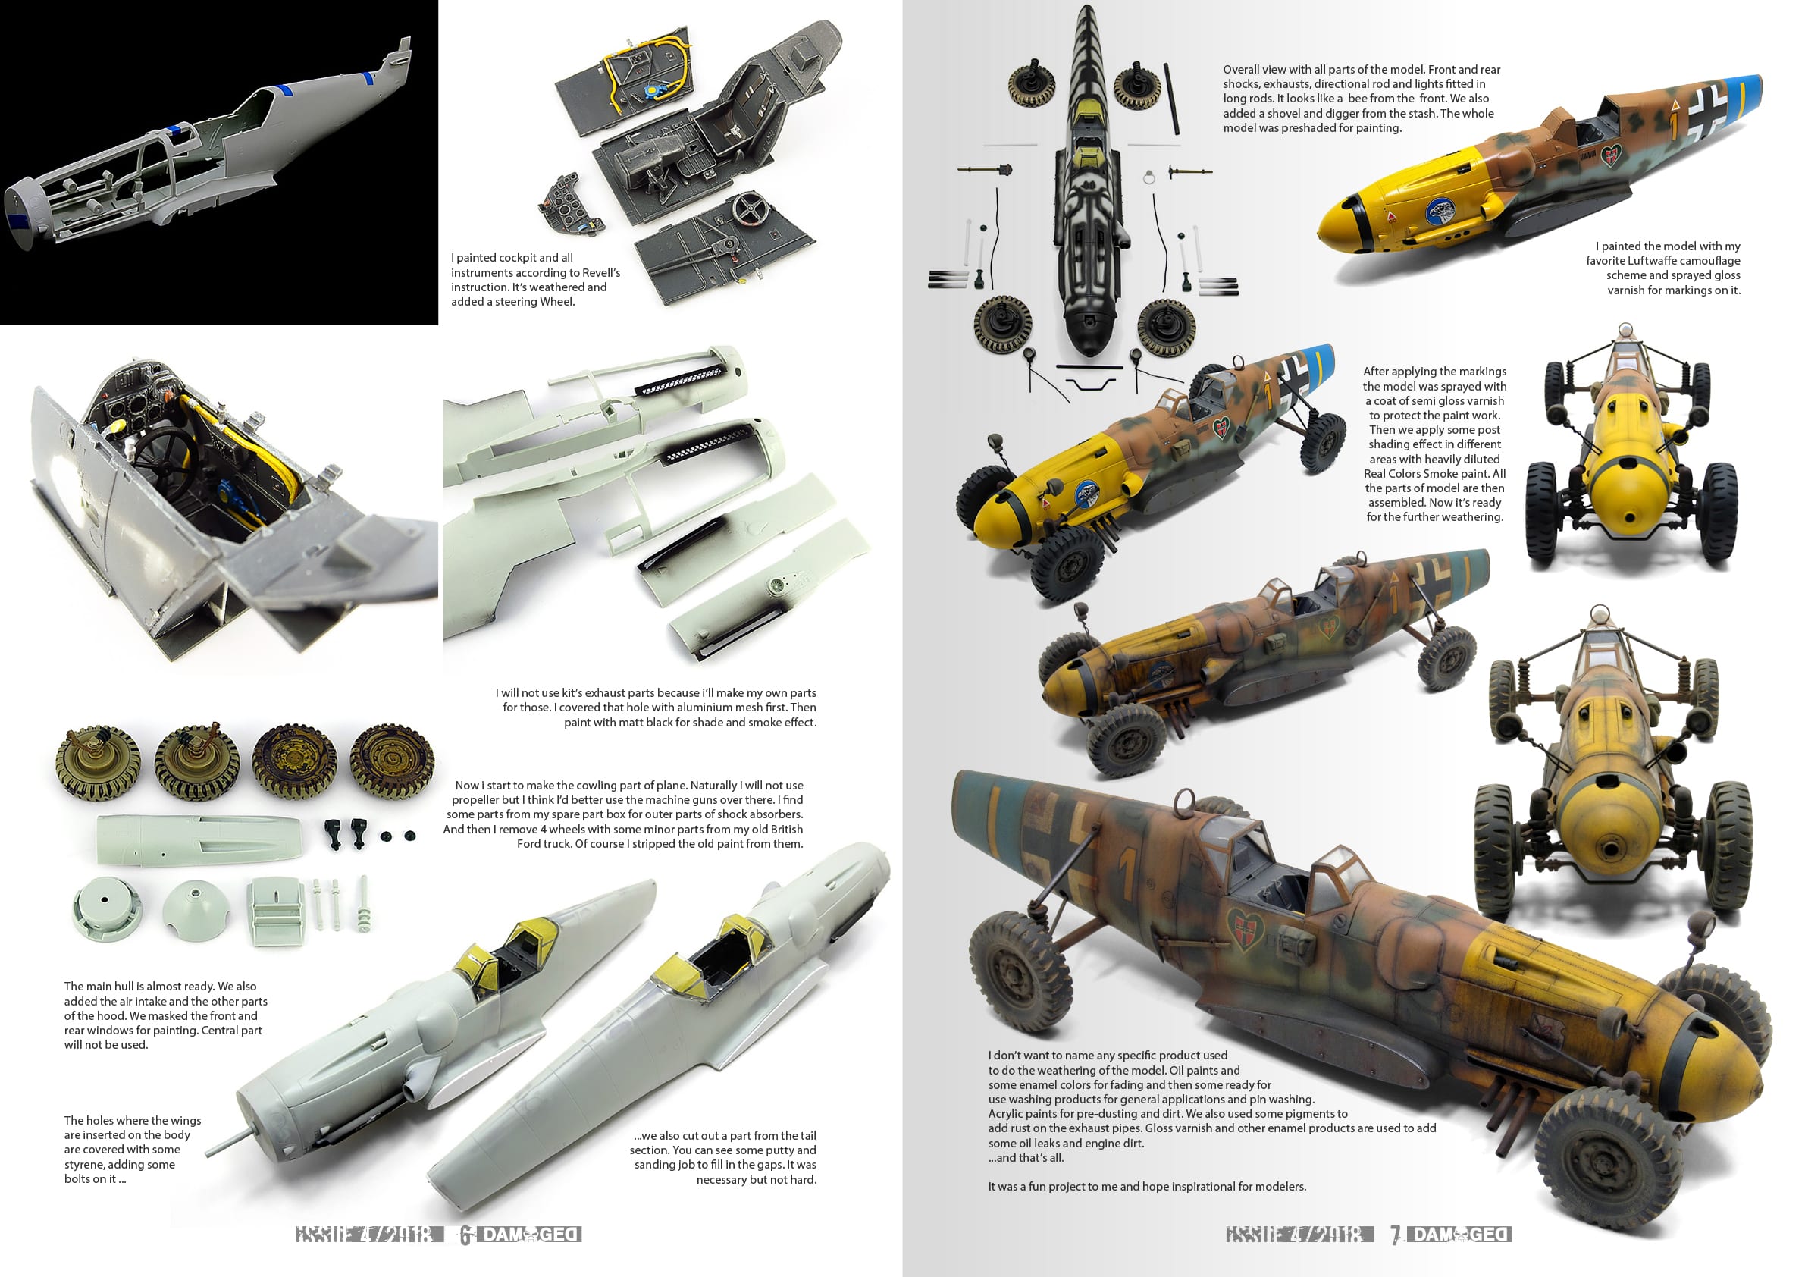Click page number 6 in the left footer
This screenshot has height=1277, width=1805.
pos(465,1235)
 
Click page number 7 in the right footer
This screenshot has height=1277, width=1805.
pos(1396,1235)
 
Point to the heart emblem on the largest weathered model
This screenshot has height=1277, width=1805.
pos(1245,929)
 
